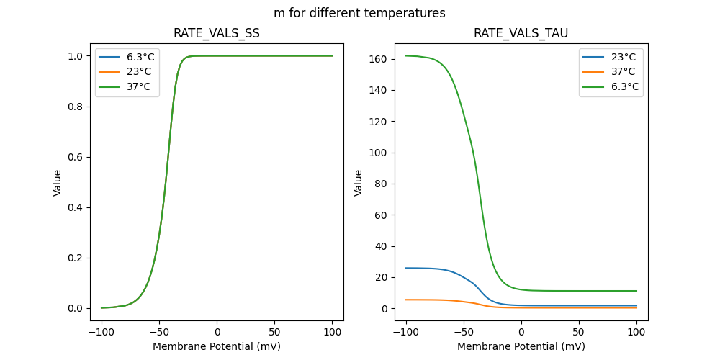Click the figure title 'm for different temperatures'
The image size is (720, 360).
pos(359,13)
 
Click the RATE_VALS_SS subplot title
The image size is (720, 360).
pos(217,34)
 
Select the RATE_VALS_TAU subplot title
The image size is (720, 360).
pos(521,34)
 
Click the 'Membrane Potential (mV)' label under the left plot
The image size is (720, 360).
pos(217,346)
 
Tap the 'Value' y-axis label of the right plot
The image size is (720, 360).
pos(359,183)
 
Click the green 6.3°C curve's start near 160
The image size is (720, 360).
pos(408,55)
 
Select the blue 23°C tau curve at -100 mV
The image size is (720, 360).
pos(407,268)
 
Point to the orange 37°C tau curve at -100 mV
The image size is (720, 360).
pos(407,300)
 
